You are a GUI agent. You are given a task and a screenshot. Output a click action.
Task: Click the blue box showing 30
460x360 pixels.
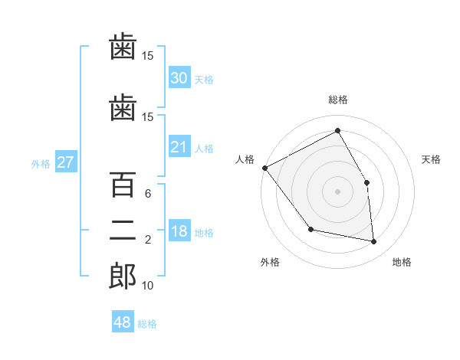(179, 77)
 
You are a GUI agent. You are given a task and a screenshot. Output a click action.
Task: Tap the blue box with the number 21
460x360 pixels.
(179, 146)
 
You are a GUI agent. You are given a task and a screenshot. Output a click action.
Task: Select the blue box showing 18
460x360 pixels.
(179, 230)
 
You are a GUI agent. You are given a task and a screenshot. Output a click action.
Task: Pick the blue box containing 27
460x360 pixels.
(66, 162)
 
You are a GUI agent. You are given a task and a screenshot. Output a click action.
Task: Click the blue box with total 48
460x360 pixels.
(123, 321)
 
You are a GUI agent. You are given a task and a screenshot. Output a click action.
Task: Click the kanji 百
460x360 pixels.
(123, 185)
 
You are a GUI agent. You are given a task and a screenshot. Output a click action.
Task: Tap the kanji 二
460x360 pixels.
(123, 231)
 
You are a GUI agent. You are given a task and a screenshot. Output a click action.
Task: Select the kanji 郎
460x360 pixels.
(123, 276)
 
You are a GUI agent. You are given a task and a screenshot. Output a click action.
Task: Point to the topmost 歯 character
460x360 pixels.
(123, 46)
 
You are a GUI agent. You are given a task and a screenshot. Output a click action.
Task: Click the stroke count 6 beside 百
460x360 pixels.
(148, 194)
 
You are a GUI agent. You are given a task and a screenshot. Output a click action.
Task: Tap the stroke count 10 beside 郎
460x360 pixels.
(147, 285)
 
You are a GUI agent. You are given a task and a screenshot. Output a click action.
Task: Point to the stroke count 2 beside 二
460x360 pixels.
(148, 240)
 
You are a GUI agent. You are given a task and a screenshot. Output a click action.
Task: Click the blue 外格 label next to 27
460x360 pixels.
(41, 164)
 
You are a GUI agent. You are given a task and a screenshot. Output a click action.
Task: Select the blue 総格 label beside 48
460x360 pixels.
(147, 324)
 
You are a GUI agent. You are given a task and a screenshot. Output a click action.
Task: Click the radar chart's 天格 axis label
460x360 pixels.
(431, 159)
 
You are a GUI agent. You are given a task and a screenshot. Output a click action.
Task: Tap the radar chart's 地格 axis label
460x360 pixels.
(402, 262)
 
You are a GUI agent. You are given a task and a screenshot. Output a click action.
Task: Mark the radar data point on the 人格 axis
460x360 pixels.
(265, 168)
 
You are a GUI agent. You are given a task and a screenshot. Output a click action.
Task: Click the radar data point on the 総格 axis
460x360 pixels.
(337, 130)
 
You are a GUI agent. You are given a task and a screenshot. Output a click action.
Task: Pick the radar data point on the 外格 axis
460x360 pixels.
(311, 229)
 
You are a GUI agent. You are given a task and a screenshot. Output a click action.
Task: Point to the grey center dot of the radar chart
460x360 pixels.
(337, 191)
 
